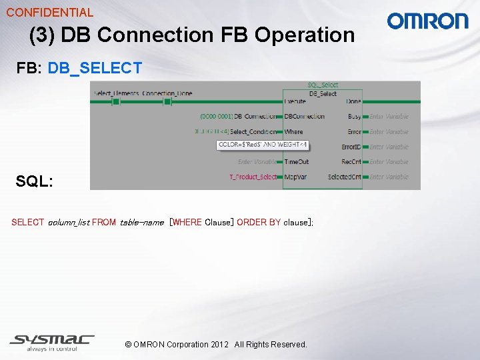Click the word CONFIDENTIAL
click(50, 12)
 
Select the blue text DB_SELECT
click(95, 68)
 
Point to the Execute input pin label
click(295, 101)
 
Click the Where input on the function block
click(293, 132)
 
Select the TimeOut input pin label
click(296, 162)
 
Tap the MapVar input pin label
click(295, 177)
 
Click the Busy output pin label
click(355, 117)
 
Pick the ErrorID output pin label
click(351, 147)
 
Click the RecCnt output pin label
click(351, 162)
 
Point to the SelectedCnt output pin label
click(345, 177)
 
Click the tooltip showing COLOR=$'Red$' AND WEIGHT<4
click(263, 145)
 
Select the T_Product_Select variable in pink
click(253, 177)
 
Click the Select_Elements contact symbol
click(115, 101)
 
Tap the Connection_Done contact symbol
click(167, 101)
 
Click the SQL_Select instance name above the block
click(323, 85)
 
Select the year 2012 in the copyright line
click(219, 345)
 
